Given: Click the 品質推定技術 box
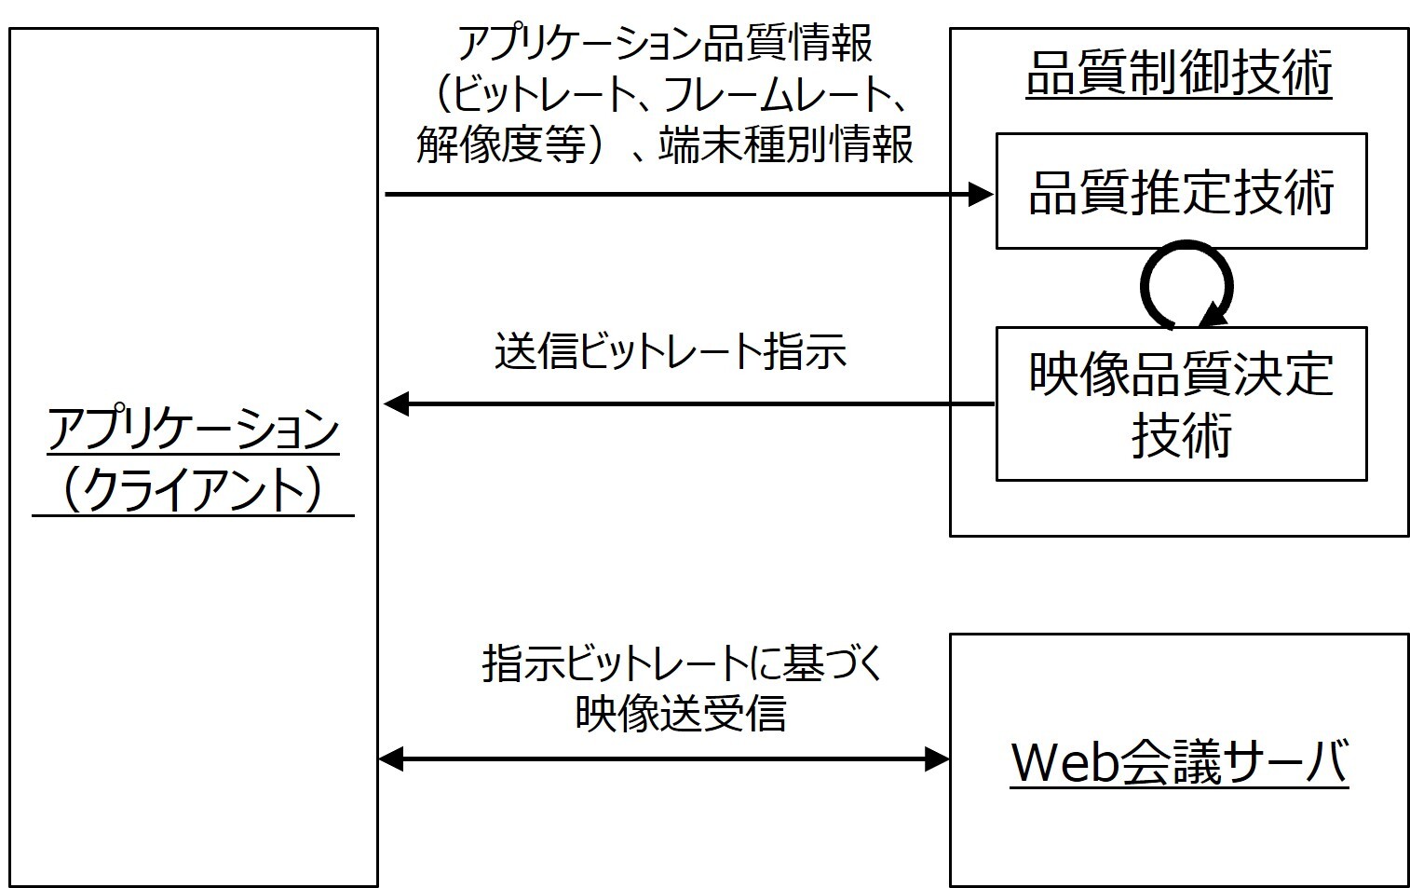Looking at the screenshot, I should point(1180,192).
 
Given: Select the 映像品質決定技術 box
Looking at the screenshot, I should point(1180,403).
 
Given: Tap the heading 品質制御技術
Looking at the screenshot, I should point(1178,73).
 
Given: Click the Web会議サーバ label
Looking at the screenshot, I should point(1179,761).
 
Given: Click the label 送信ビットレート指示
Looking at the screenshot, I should point(670,352).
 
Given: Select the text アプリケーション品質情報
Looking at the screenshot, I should point(665,45).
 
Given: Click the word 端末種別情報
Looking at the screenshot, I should point(786,145).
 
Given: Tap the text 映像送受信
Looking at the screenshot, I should point(680,713).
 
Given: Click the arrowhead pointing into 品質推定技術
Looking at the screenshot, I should point(981,194).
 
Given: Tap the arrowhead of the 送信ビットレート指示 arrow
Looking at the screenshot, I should point(397,404).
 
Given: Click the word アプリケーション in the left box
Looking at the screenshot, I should point(193,430).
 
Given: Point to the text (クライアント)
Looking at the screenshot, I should point(193,488).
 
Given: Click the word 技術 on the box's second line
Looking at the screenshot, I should point(1180,434).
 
